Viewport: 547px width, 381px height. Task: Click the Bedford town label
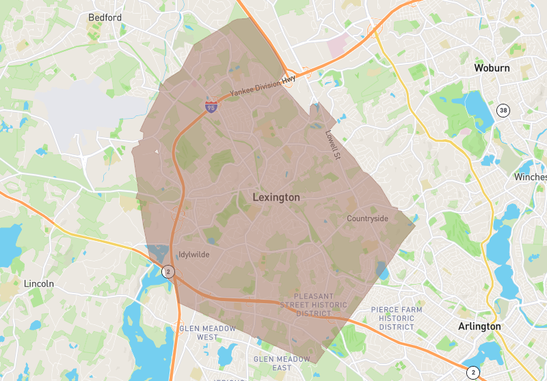pos(105,17)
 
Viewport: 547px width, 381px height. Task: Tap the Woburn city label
pos(492,68)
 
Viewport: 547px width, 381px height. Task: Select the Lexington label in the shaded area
pos(276,197)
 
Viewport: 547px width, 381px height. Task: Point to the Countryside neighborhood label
pos(367,218)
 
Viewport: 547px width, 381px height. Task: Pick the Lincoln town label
pos(38,283)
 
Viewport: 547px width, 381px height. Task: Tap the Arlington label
pos(479,326)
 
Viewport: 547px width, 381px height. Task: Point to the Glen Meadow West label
pos(207,333)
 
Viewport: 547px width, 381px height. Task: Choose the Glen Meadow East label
pos(282,363)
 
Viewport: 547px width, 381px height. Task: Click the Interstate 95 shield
pos(211,106)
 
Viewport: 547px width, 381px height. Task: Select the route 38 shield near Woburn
pos(503,111)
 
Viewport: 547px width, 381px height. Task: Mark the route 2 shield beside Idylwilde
pos(168,272)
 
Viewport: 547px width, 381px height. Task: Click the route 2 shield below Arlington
pos(472,372)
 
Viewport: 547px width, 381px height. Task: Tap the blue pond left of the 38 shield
pos(473,104)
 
